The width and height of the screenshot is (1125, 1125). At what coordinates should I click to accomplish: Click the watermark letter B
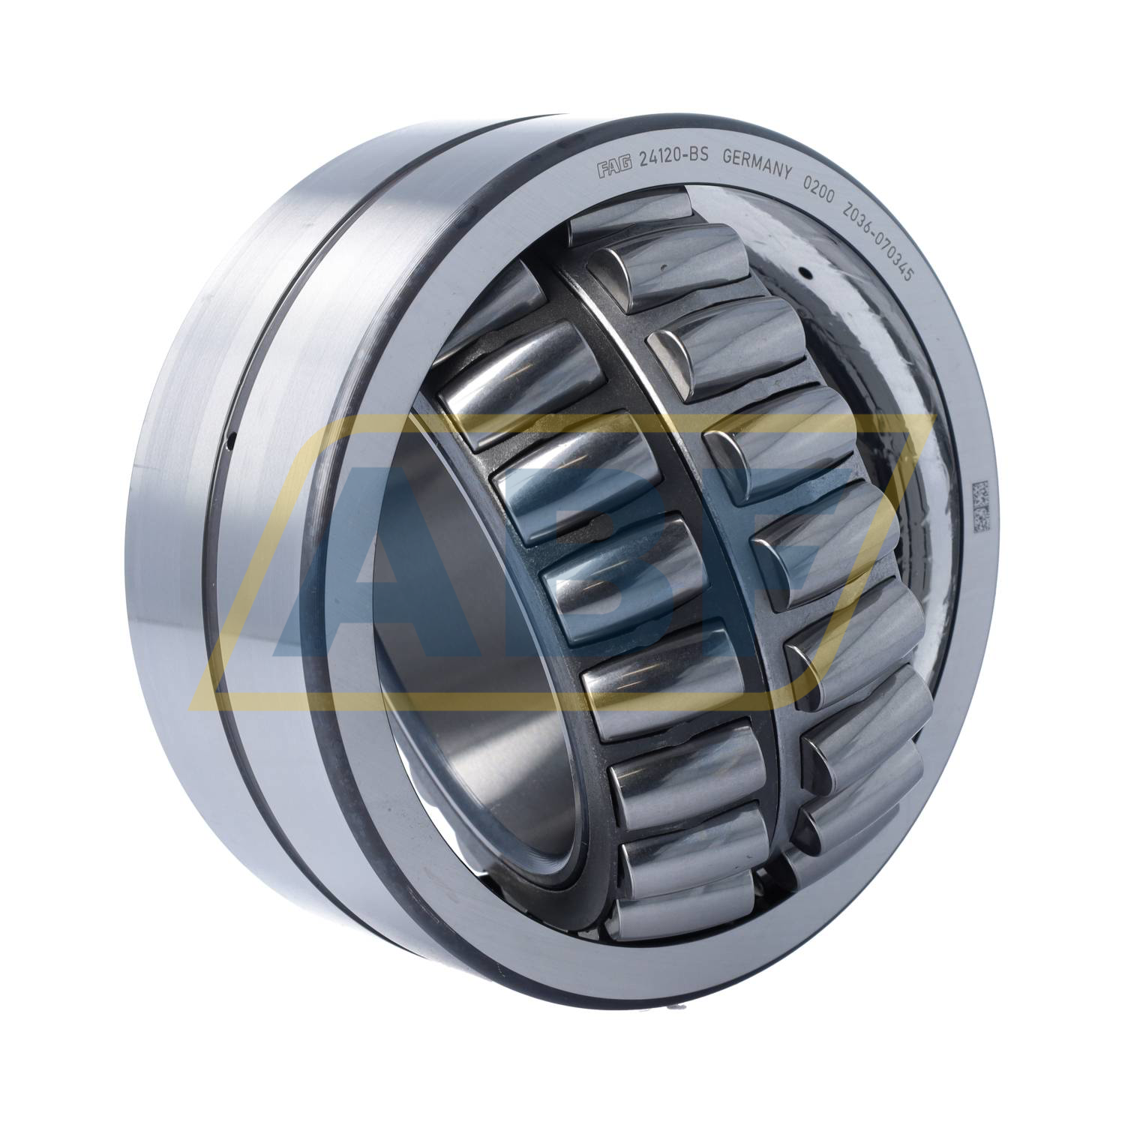pyautogui.click(x=600, y=570)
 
